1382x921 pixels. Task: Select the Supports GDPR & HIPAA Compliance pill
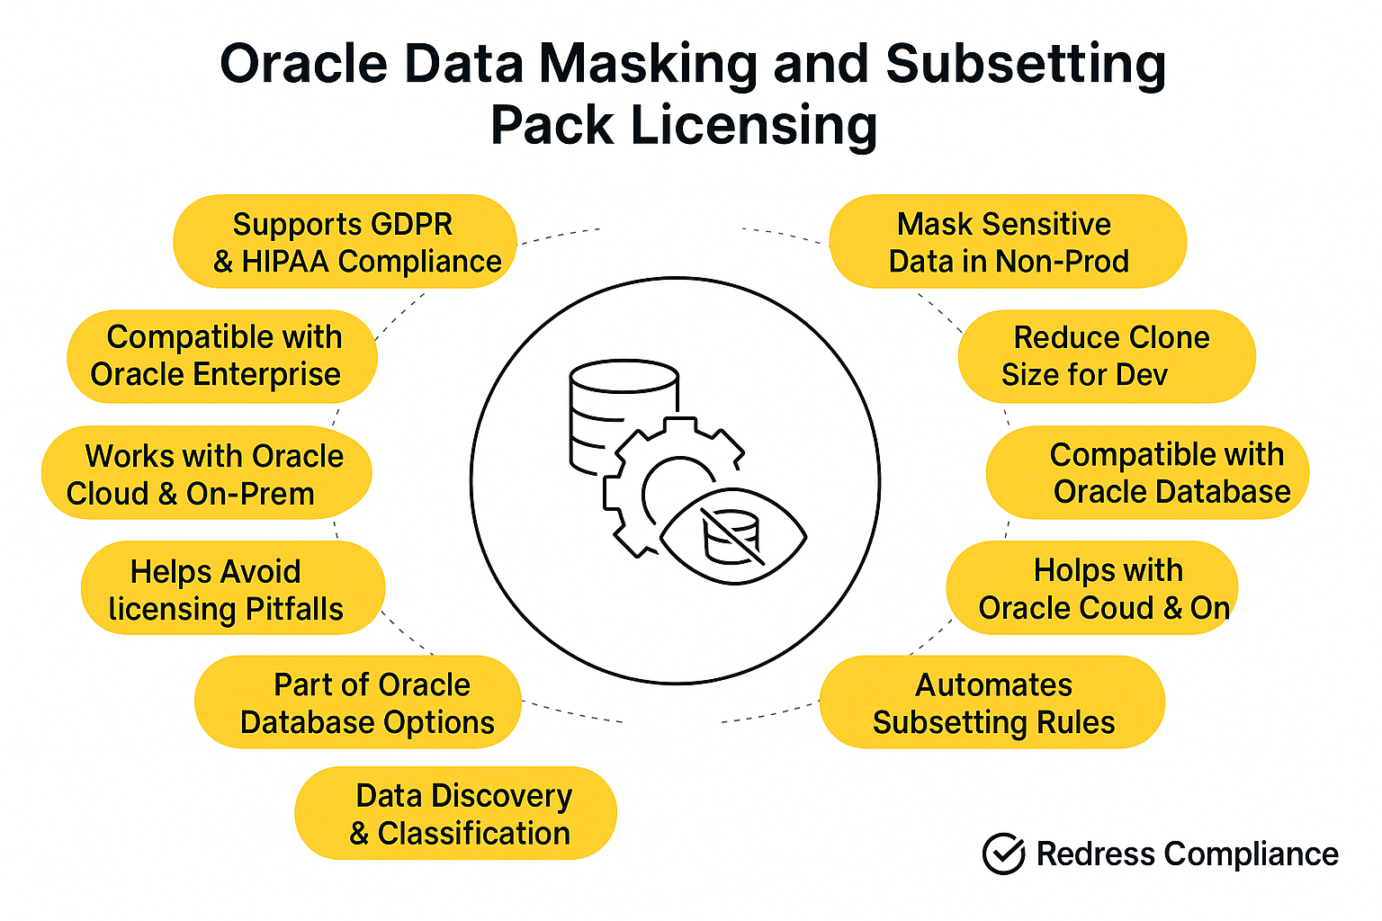click(x=345, y=241)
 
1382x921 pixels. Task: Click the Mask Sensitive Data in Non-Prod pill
click(x=1008, y=241)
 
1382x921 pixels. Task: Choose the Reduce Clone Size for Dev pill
click(x=1107, y=356)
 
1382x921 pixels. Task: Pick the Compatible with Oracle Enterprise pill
click(x=222, y=356)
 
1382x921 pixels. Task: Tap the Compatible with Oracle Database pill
click(x=1147, y=472)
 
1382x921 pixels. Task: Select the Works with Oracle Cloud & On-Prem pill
click(x=207, y=472)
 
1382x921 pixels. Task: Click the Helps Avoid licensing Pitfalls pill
click(x=233, y=588)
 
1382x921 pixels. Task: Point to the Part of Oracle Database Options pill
click(x=358, y=702)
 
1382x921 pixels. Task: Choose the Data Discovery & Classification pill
click(x=456, y=813)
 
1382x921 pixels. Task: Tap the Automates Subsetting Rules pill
click(x=992, y=702)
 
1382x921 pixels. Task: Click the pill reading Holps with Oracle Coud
click(x=1092, y=588)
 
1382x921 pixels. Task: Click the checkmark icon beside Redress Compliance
click(x=1004, y=854)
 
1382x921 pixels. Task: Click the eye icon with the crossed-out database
click(x=733, y=537)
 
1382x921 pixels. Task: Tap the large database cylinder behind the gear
click(x=624, y=416)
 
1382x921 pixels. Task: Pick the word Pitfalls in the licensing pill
click(x=294, y=610)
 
